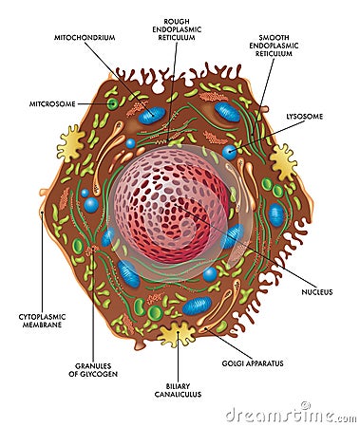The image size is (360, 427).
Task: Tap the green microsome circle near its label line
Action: point(112,103)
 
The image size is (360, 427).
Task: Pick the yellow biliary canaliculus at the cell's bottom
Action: point(177,333)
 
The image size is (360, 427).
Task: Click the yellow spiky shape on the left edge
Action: point(70,143)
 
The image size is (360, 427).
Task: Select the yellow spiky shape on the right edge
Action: point(282,161)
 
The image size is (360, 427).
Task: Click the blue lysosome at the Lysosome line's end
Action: point(229,152)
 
